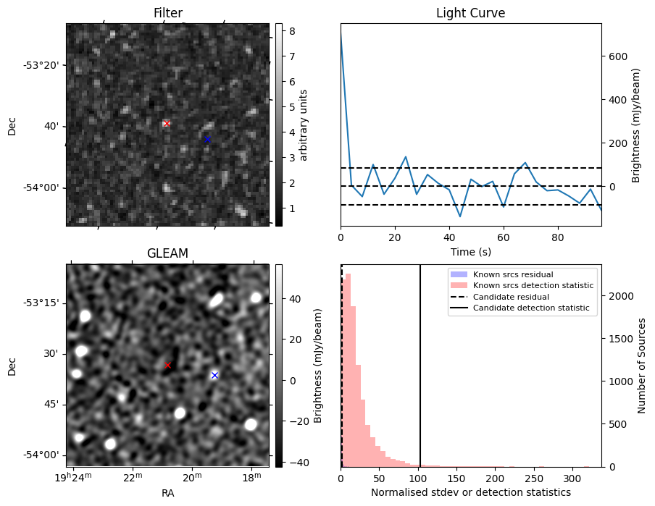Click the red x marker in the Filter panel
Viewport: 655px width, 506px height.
tap(167, 124)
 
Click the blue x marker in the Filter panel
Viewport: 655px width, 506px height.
tap(207, 139)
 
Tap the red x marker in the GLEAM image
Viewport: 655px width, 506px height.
tap(167, 365)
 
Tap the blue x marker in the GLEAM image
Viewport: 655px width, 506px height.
tap(214, 375)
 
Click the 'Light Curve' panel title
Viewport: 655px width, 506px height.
tap(470, 13)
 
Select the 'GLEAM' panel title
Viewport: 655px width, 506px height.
tap(167, 253)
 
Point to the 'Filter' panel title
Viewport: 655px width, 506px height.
tap(167, 13)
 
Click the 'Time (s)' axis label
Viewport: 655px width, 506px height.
tap(470, 252)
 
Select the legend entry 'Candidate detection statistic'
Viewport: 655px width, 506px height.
tap(527, 308)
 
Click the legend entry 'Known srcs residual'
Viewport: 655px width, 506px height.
tap(513, 274)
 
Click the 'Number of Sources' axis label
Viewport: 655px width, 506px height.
tap(642, 366)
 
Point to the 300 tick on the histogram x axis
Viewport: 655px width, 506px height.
tap(572, 478)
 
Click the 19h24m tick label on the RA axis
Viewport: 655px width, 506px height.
tap(73, 478)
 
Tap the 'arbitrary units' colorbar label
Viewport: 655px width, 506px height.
tap(304, 125)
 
